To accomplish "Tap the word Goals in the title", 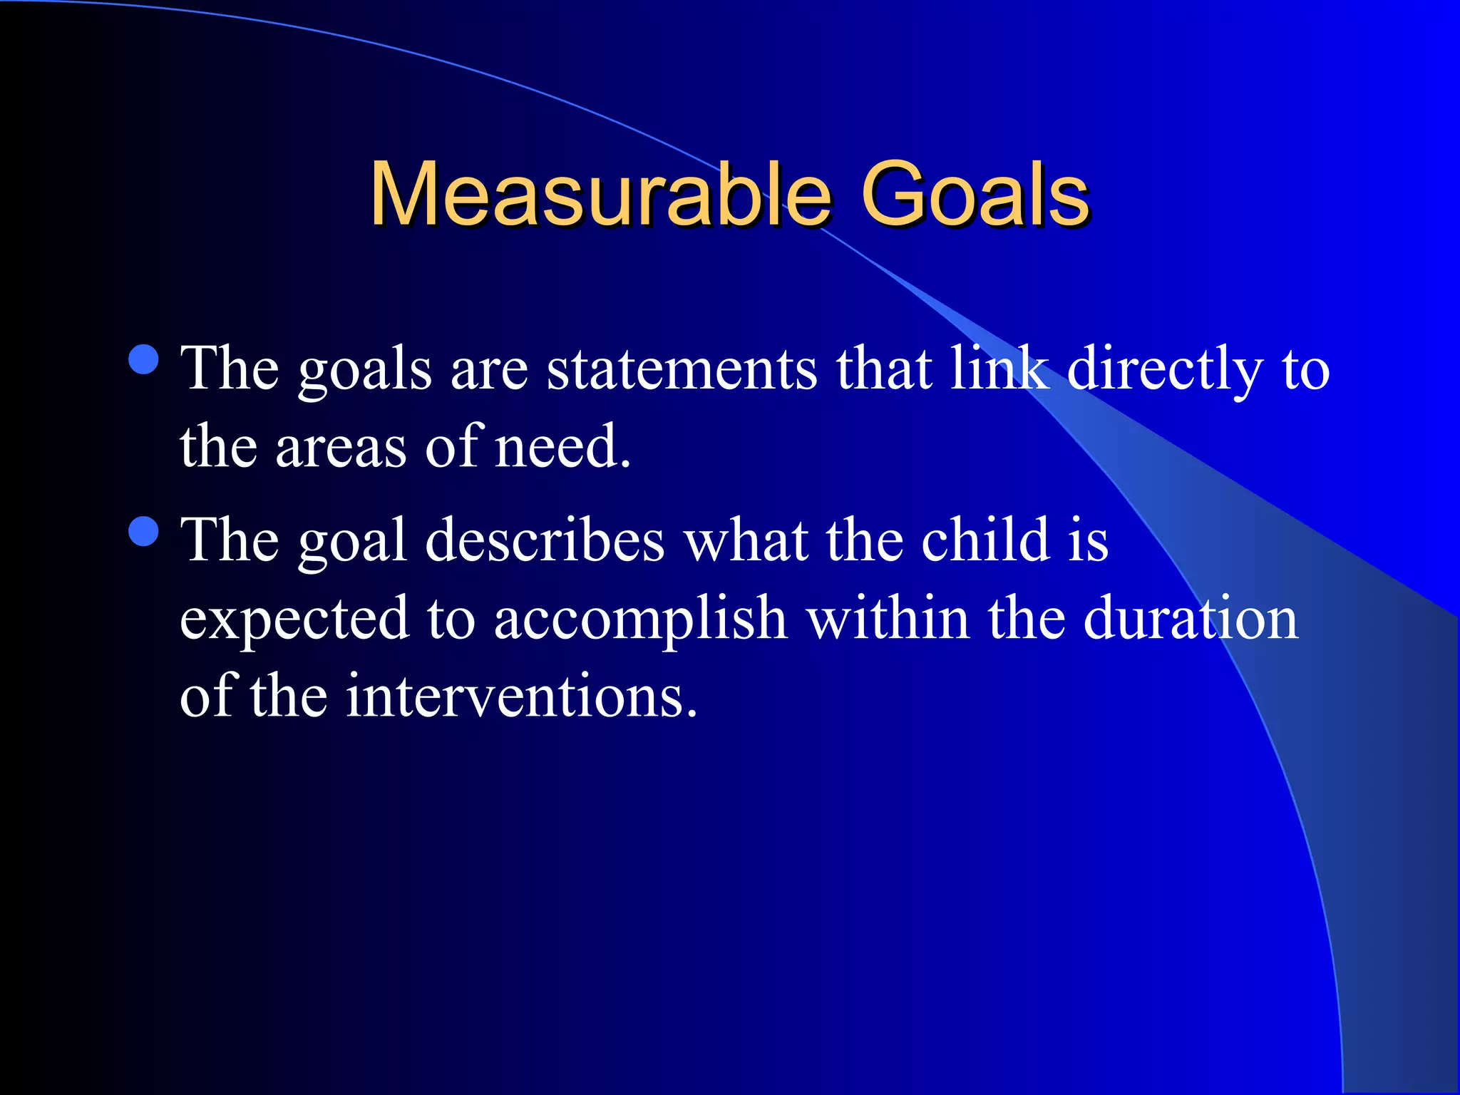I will tap(975, 194).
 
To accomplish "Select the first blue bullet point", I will tap(144, 359).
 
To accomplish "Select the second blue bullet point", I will tap(144, 531).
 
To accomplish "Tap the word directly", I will tap(1165, 371).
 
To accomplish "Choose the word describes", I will tap(545, 540).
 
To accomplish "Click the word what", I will tap(746, 540).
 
